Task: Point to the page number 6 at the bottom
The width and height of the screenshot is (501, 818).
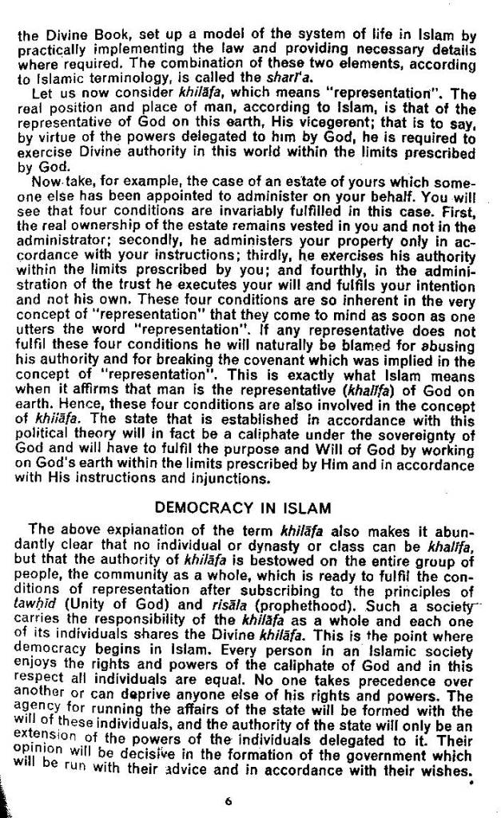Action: click(x=228, y=803)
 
